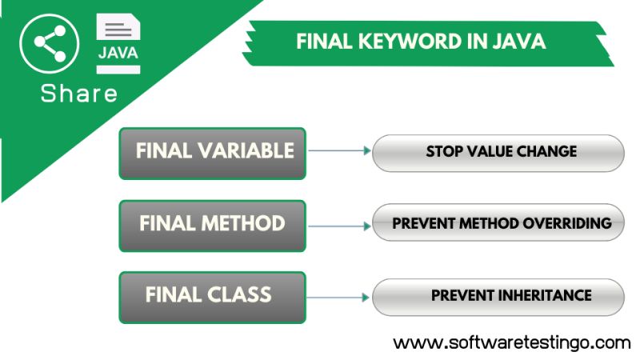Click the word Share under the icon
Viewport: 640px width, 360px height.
coord(79,94)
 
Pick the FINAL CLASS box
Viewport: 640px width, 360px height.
coord(213,296)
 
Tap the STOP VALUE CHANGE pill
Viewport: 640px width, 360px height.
coord(498,152)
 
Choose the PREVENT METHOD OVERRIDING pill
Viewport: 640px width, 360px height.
coord(498,224)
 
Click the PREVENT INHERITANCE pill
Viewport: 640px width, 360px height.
coord(498,296)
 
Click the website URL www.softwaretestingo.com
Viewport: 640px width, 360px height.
coord(512,342)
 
